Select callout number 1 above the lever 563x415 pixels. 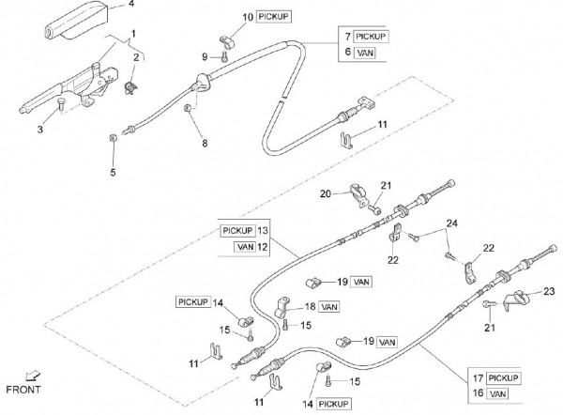[132, 33]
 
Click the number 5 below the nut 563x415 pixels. [114, 172]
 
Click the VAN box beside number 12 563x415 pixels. [244, 246]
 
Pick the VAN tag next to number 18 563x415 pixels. [329, 306]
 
